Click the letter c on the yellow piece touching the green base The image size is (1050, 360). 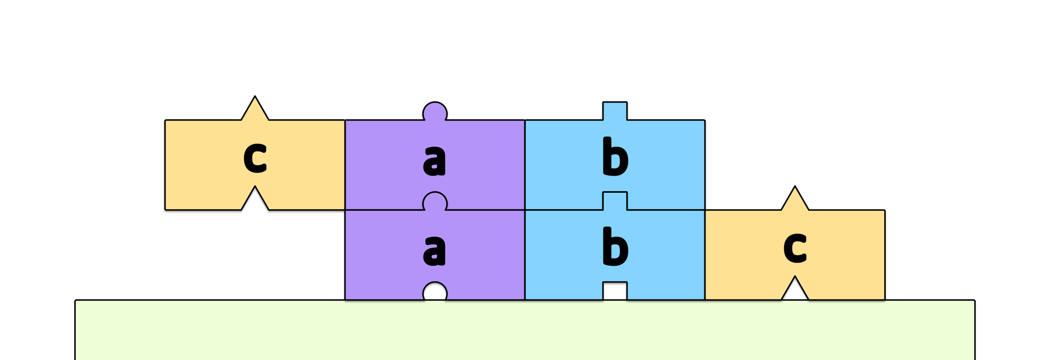795,247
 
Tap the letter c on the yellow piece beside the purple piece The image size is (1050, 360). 255,157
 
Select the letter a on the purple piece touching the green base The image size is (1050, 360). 434,250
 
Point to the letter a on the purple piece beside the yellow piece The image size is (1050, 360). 434,159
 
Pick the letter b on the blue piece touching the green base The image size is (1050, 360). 615,247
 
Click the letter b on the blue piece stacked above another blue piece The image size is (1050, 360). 615,156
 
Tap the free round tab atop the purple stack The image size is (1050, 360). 435,111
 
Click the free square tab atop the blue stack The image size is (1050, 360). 615,111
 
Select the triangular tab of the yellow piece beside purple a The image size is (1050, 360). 255,108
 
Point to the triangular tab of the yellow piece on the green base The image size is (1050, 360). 795,198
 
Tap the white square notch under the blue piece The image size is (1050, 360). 615,291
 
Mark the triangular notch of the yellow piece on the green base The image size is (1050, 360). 795,290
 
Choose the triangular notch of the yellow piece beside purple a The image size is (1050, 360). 255,199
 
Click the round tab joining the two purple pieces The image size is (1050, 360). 435,201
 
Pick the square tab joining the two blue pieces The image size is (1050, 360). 615,201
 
